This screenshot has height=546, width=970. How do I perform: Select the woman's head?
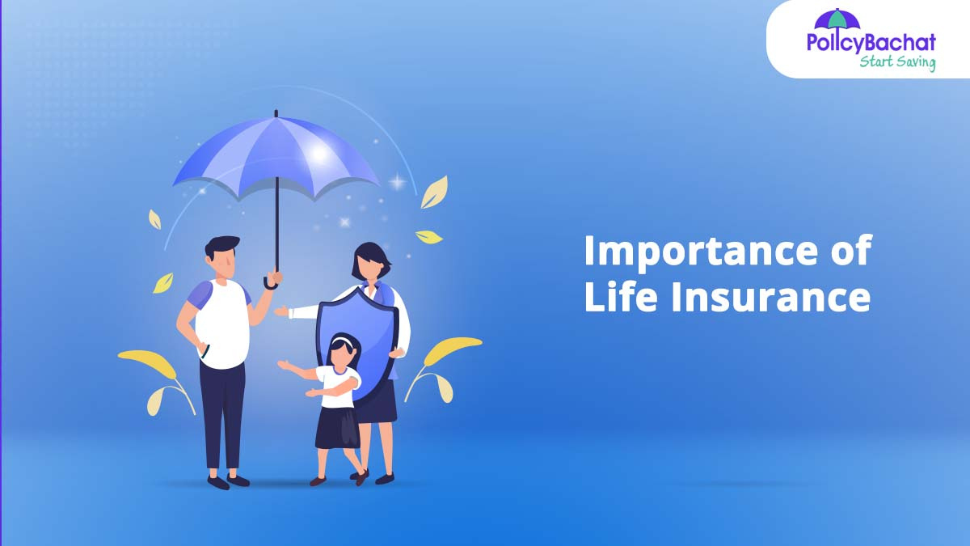tap(371, 262)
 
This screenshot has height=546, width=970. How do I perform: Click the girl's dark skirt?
tap(337, 428)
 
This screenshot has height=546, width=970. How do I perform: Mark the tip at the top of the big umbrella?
tap(276, 112)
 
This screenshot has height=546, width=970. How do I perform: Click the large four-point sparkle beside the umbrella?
tap(398, 181)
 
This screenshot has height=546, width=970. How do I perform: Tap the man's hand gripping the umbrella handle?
tap(274, 277)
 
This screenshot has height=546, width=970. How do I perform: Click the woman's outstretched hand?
tap(281, 311)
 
